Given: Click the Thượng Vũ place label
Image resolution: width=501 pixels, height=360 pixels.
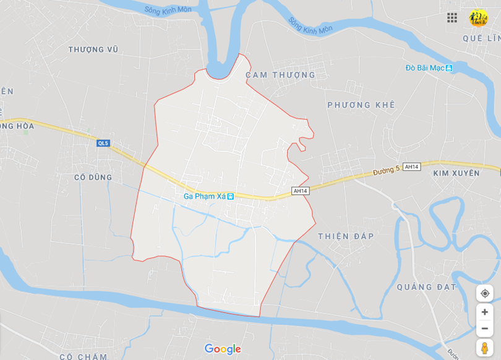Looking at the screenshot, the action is coord(93,49).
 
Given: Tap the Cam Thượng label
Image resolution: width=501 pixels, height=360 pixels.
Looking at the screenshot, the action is coord(280,75).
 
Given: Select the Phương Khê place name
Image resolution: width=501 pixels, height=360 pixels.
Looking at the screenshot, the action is coord(361,105).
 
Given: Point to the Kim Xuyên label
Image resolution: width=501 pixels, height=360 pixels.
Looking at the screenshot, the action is coord(456,173).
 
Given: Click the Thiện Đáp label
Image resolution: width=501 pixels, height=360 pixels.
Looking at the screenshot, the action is coord(346,236).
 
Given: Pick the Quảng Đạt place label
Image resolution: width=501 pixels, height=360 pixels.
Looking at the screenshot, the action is coord(427,287).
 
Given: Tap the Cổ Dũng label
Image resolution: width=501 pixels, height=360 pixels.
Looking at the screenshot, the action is coord(93,178).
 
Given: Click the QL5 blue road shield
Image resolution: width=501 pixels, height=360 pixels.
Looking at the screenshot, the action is coord(103,144).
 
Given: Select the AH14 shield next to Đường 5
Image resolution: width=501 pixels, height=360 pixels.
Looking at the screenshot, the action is coord(411,167).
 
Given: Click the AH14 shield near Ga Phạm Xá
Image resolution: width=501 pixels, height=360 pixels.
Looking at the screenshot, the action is coord(301,191).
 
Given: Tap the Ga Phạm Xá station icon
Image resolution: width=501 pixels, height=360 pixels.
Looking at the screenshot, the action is coord(231,197).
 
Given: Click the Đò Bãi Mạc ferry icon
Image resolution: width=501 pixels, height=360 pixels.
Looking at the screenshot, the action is coord(449,68).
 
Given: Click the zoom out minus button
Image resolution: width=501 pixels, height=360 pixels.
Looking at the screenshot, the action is coord(484,328).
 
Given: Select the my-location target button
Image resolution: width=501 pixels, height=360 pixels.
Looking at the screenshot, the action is coord(484,293).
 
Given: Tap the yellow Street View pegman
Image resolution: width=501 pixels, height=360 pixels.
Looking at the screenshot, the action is coord(484,348).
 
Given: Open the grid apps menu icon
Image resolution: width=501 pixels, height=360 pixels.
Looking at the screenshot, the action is coord(452,17).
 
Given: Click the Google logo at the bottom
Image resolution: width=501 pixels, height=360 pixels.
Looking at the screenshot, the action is coord(223,349).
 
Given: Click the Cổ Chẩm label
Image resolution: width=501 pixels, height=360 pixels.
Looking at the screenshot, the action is coord(83,356).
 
